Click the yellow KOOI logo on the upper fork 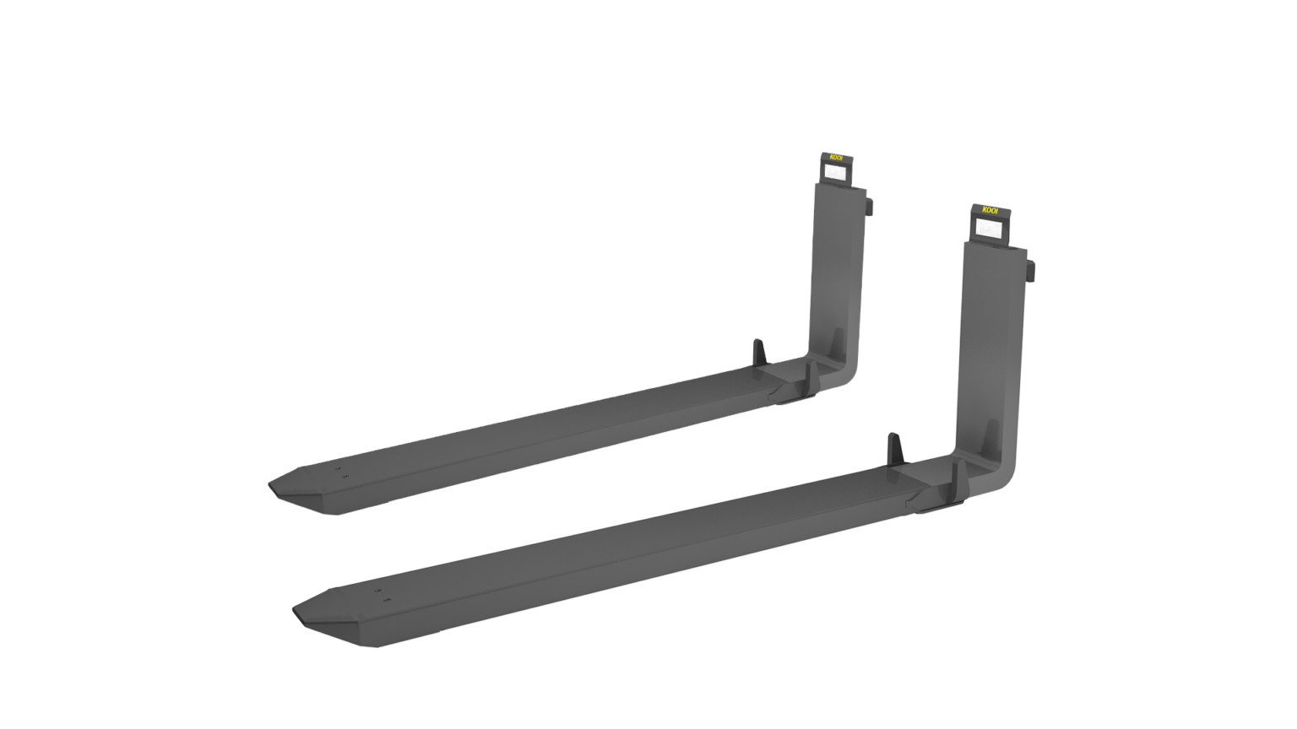(836, 157)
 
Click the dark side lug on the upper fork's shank (870, 205)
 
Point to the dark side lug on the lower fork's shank (1031, 269)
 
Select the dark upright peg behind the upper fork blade (757, 350)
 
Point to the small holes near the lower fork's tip (381, 595)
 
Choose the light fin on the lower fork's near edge (956, 478)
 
